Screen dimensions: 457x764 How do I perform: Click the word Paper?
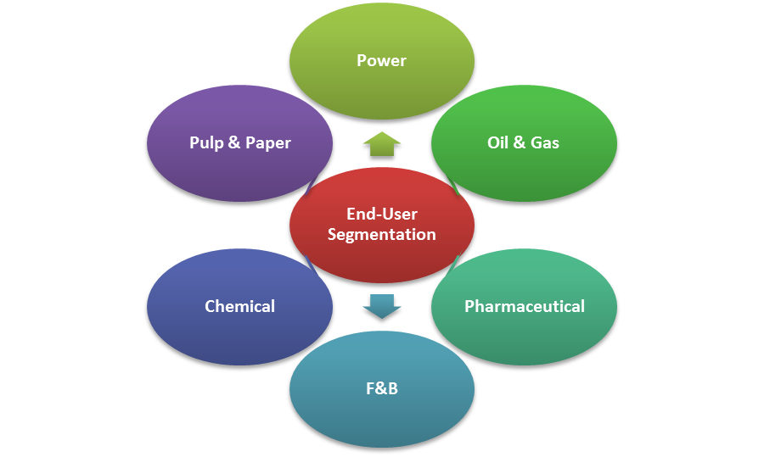pos(267,142)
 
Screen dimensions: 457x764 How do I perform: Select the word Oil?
pos(497,142)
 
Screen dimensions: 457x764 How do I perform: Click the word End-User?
pos(382,214)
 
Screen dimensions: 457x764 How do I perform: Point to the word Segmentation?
pos(382,234)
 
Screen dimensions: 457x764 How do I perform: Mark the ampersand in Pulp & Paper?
pos(232,142)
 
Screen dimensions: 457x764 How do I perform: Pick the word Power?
pos(381,60)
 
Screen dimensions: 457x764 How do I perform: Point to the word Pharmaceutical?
pos(524,306)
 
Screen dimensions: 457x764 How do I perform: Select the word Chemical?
pos(239,306)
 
